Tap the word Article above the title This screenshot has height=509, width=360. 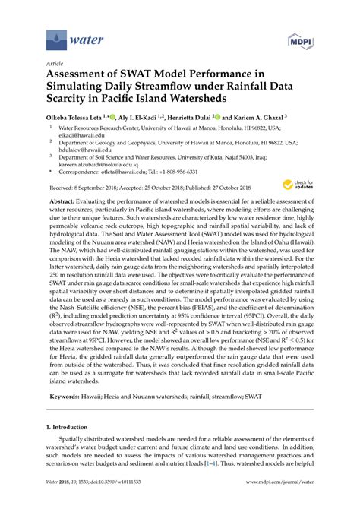(55, 65)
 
